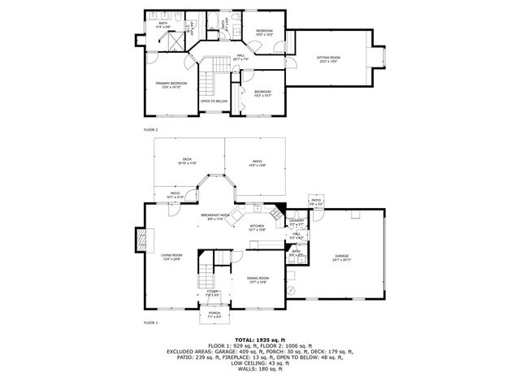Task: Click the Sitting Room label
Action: pos(328,59)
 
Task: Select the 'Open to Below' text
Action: pos(214,101)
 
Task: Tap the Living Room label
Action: pos(171,257)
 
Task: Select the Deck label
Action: pos(187,160)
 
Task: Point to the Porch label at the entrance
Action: pos(214,314)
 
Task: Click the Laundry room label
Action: pos(297,222)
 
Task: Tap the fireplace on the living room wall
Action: pos(139,239)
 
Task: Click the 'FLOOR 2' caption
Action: pos(150,130)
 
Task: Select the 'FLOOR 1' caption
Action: pos(150,323)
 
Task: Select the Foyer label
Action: pos(212,292)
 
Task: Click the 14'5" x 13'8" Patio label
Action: pos(257,162)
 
